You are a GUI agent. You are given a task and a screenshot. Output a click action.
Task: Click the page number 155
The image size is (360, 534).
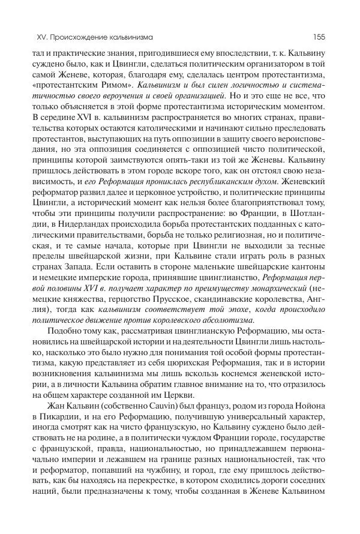click(319, 37)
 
